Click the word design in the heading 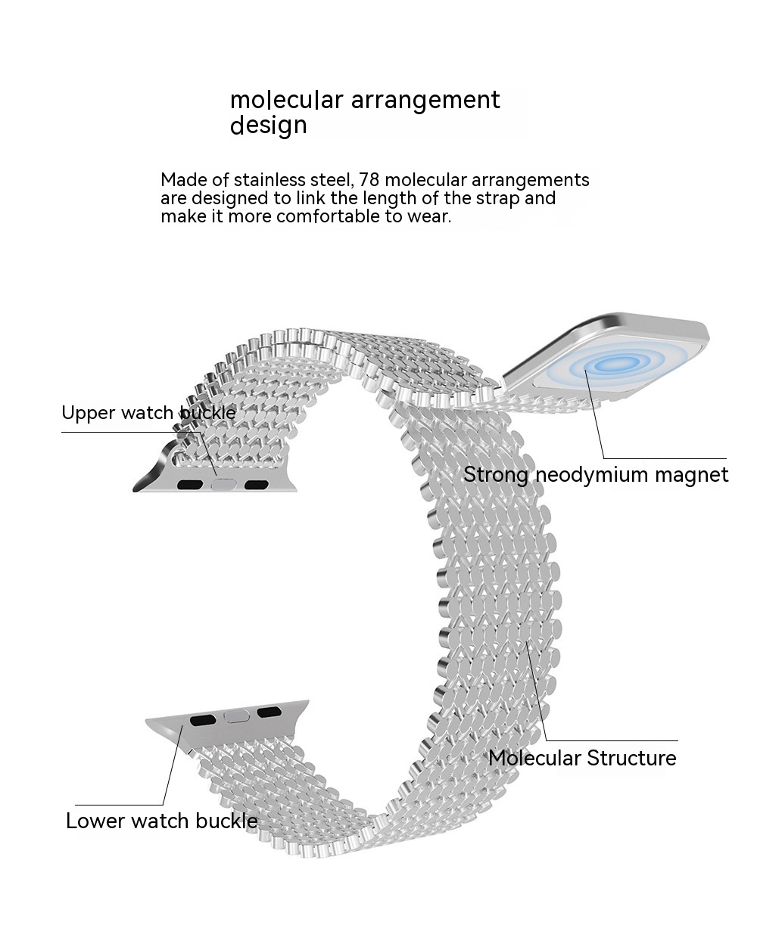[x=268, y=125]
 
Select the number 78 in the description [x=369, y=180]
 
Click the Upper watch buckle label [x=148, y=413]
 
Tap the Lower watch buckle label [x=161, y=821]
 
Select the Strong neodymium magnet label [x=596, y=475]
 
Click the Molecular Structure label [x=582, y=758]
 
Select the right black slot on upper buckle [x=257, y=484]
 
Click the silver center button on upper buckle [x=223, y=486]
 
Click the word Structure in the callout [x=631, y=758]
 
